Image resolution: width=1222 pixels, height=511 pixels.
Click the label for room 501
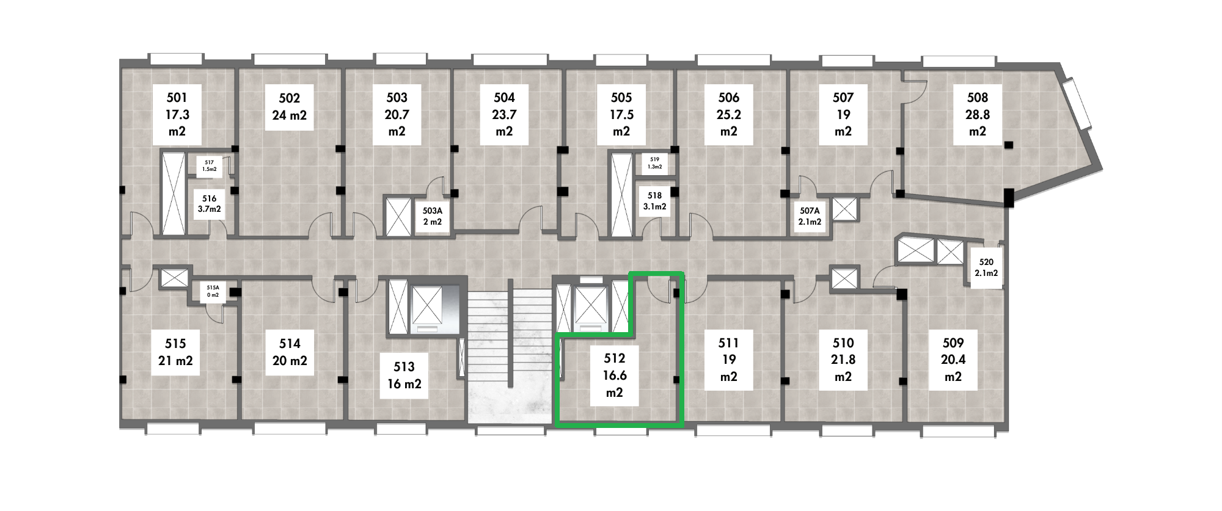click(x=177, y=114)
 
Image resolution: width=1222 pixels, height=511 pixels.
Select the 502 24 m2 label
click(x=289, y=107)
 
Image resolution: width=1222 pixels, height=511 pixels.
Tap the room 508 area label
click(x=978, y=114)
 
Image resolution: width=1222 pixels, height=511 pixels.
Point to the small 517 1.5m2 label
click(x=210, y=165)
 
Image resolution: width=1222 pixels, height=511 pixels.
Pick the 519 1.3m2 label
click(x=654, y=162)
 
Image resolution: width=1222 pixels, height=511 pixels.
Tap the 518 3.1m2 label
click(x=654, y=201)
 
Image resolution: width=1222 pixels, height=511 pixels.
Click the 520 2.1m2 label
click(x=986, y=267)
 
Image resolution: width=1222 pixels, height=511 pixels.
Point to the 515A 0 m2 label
click(x=213, y=291)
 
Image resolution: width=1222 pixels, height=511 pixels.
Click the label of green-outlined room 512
click(x=615, y=376)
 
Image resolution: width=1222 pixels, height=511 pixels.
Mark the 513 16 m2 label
click(x=404, y=375)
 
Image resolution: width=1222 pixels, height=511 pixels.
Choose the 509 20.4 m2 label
click(x=953, y=360)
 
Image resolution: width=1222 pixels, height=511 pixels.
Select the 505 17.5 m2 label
click(x=621, y=114)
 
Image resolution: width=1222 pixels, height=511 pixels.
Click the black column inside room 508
click(x=1009, y=145)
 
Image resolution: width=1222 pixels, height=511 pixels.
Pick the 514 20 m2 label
click(x=290, y=352)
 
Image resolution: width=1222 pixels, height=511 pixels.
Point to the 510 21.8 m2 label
click(x=843, y=360)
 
